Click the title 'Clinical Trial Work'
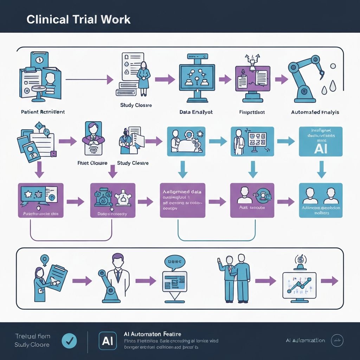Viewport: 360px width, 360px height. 78,19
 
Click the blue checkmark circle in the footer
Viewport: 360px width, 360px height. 69,340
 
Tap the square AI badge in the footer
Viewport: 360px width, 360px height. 108,341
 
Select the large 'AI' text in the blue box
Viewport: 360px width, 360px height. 320,148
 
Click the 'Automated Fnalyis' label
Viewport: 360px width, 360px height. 315,112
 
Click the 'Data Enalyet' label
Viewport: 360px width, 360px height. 196,112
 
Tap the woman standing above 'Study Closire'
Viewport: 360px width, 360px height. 143,78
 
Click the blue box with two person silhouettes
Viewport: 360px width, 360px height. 320,200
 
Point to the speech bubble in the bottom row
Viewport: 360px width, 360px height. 174,262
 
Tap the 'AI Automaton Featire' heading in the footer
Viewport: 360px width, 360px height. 153,334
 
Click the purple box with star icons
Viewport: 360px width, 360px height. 40,200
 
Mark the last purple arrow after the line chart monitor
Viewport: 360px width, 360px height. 329,281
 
